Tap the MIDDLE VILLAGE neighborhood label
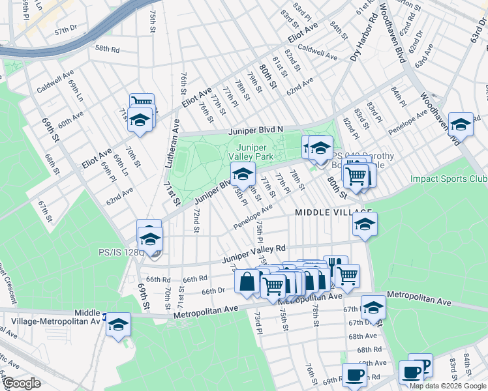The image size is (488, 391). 333,212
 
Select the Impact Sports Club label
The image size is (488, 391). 449,179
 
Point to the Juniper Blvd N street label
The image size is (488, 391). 255,130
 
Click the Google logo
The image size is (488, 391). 22,384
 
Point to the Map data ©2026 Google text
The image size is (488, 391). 448,385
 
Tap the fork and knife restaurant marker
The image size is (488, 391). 335,264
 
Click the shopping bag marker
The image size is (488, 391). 247,282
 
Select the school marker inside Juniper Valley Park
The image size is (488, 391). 243,174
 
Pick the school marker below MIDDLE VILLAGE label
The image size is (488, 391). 365,225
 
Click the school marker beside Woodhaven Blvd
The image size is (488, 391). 461,123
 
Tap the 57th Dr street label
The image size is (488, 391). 66,31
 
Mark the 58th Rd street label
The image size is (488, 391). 107,49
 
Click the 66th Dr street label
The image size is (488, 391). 213,291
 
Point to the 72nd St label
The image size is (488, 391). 196,221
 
